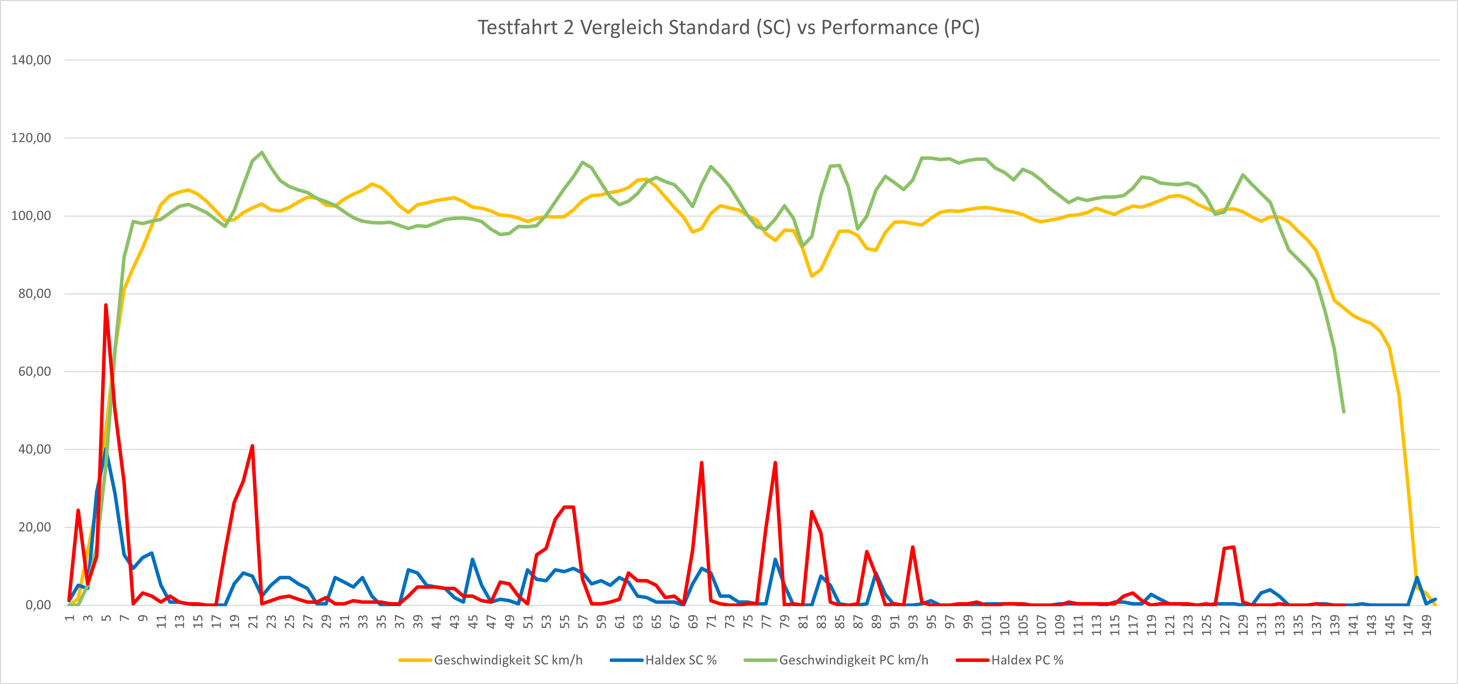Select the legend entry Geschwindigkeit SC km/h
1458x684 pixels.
point(508,660)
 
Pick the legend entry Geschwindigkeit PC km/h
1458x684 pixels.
point(853,660)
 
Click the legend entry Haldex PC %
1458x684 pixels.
point(1027,660)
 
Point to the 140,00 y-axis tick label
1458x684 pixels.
point(31,60)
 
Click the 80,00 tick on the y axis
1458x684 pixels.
point(35,294)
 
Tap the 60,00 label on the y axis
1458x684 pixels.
point(35,372)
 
